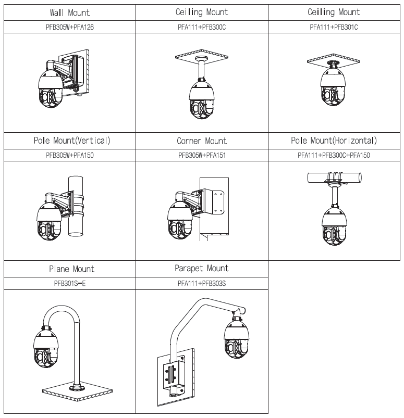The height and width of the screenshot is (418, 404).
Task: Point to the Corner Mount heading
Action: point(202,141)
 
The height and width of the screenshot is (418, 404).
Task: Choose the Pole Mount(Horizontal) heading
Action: point(334,141)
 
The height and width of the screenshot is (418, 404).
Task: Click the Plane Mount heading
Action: point(72,269)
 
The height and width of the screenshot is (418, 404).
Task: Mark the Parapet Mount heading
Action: point(202,269)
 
